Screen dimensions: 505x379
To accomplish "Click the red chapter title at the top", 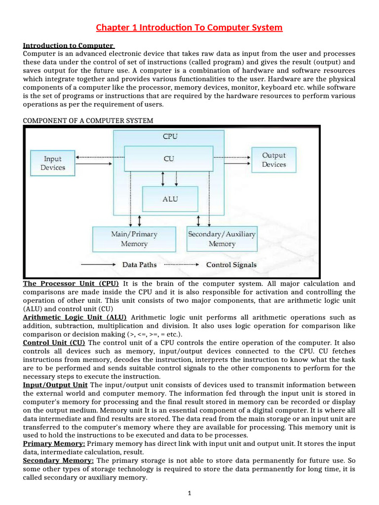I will (189, 28).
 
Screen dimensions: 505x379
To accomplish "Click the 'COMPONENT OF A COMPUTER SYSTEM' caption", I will (88, 120).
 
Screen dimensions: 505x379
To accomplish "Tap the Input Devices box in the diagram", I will (53, 163).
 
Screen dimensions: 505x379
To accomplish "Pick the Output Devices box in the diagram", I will (274, 160).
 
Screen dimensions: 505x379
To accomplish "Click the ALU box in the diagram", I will (170, 199).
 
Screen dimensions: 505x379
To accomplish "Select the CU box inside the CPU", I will (168, 159).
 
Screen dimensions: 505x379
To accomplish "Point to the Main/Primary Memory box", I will (134, 239).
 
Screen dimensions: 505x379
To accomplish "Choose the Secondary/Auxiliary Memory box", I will (222, 239).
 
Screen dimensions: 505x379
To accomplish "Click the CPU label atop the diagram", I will (170, 137).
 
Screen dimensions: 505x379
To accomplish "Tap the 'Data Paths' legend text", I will (139, 265).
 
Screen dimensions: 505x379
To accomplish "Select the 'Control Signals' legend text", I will (231, 265).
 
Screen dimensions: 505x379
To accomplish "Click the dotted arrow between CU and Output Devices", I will (232, 158).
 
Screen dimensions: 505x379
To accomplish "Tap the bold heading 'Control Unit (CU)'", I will (54, 342).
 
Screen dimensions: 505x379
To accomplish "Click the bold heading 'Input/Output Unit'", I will (55, 385).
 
